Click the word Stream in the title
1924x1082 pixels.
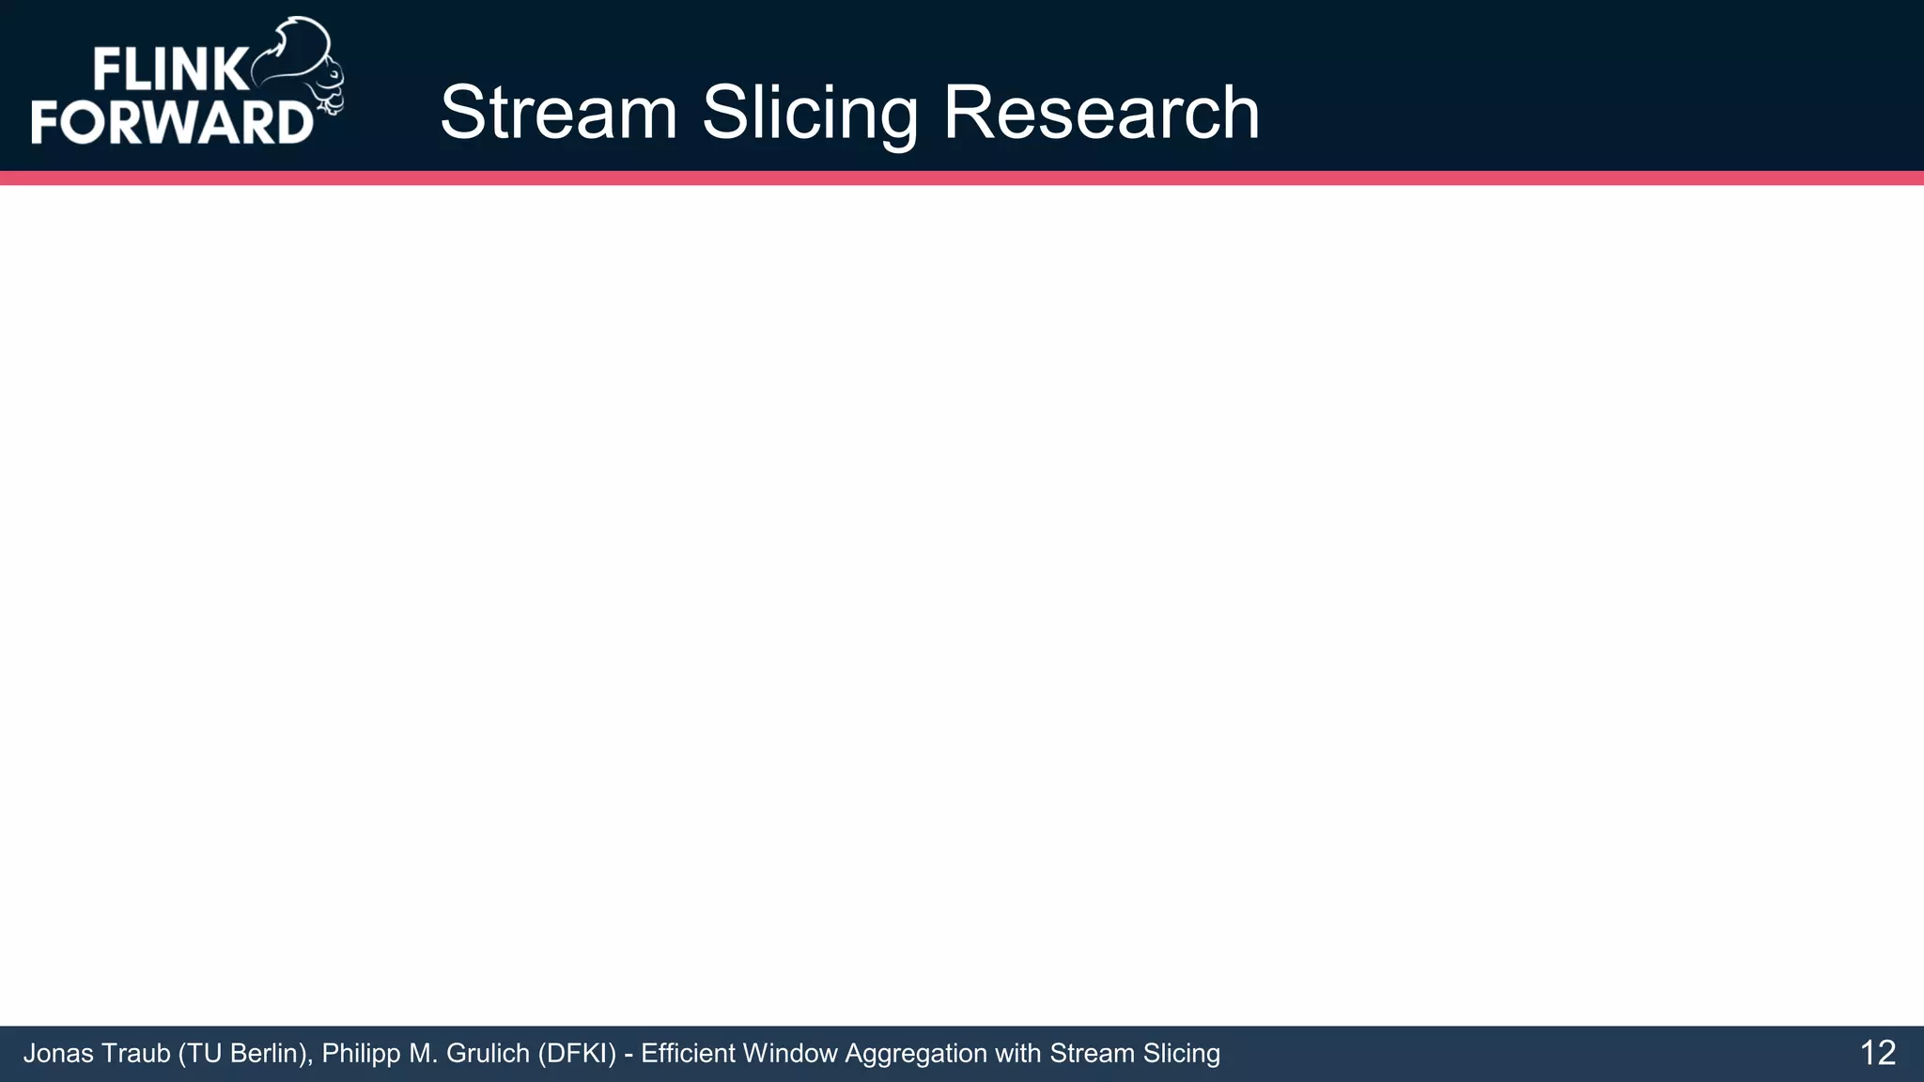(558, 113)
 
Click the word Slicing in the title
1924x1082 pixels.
(810, 113)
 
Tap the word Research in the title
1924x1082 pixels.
(1100, 113)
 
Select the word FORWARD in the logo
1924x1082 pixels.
(172, 122)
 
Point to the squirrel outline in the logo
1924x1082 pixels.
(305, 66)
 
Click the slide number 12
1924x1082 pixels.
(1877, 1053)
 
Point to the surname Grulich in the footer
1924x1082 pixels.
(489, 1054)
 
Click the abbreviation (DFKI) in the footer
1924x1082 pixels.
(577, 1054)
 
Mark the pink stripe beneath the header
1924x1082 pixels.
(962, 178)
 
